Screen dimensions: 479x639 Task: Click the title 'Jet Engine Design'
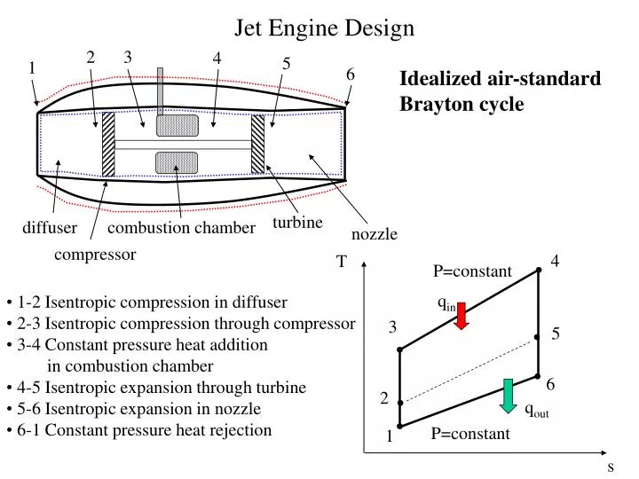click(324, 28)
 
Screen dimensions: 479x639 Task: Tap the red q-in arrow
click(461, 315)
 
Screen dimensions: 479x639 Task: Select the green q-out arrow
click(508, 395)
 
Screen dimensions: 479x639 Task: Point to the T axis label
click(341, 263)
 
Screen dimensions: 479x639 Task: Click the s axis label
click(611, 467)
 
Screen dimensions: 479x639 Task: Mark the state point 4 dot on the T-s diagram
click(539, 270)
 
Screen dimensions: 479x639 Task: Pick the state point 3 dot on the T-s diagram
click(400, 350)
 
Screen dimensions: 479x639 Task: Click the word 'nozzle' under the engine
click(375, 234)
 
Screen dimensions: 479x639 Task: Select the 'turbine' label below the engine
click(297, 222)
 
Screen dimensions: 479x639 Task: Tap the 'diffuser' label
click(50, 229)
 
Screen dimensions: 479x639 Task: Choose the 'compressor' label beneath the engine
click(95, 255)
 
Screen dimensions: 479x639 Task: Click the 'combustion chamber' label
click(181, 229)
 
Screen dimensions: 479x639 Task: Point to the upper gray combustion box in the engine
click(177, 125)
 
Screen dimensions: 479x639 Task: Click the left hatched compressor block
click(108, 144)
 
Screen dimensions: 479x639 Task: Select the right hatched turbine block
click(257, 144)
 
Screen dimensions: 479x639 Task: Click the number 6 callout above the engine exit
click(351, 75)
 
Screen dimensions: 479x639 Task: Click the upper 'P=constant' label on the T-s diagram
click(472, 271)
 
